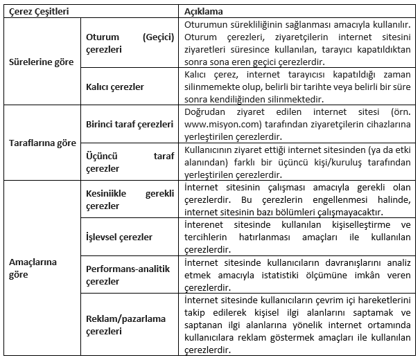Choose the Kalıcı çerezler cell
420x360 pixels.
(115, 87)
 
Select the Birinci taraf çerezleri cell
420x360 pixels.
(128, 124)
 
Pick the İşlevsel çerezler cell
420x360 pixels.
(119, 237)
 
